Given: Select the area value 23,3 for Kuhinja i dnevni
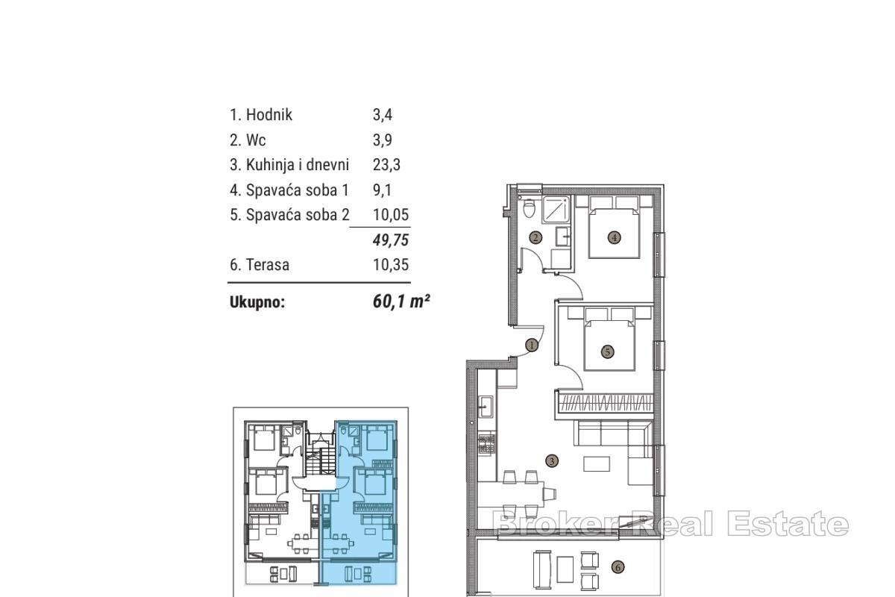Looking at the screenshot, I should (x=386, y=165).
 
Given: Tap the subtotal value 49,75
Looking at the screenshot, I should (x=391, y=240).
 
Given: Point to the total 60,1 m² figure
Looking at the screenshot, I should (x=401, y=302).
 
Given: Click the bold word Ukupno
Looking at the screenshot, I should (x=257, y=303).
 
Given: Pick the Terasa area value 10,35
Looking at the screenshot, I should (x=391, y=265).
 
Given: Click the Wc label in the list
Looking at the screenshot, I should (x=256, y=140).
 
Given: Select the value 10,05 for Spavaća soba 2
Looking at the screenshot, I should (x=391, y=216).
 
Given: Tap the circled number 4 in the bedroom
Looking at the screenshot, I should (x=614, y=238).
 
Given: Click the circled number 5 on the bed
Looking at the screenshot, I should (x=607, y=351).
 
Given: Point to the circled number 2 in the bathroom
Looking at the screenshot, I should (x=536, y=238).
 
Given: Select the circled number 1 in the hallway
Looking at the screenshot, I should (x=531, y=346).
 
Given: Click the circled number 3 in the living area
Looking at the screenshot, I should (x=551, y=461).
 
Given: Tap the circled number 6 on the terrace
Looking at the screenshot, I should (x=617, y=567).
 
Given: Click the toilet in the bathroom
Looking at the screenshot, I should (x=530, y=207).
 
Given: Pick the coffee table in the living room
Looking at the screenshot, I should (x=595, y=464).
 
